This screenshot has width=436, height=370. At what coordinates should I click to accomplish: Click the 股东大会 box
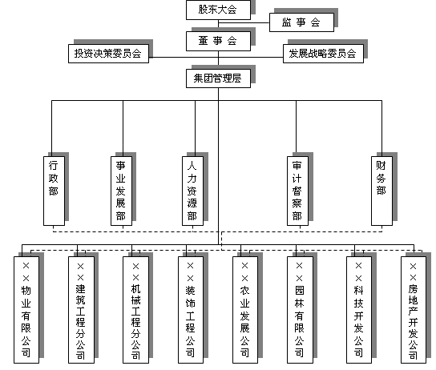[x=218, y=10]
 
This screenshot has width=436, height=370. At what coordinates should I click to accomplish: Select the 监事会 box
[x=301, y=22]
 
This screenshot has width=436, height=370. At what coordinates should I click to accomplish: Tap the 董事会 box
[x=218, y=41]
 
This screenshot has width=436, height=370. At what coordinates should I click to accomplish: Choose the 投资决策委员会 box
[x=108, y=54]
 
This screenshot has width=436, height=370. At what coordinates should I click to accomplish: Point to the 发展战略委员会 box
[x=323, y=54]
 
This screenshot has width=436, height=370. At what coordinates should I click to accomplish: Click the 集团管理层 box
[x=218, y=78]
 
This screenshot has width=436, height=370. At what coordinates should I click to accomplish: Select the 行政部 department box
[x=54, y=191]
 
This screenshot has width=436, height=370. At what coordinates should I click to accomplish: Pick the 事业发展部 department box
[x=121, y=191]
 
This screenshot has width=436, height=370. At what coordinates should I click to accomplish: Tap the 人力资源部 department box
[x=192, y=191]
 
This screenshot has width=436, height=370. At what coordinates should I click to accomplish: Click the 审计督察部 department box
[x=297, y=191]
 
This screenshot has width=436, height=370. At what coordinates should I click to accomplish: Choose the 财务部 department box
[x=381, y=191]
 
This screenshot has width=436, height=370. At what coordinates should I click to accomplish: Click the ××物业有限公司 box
[x=26, y=310]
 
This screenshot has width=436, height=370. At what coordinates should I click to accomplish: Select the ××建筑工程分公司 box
[x=81, y=310]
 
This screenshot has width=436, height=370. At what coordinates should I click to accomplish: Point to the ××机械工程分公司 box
[x=136, y=310]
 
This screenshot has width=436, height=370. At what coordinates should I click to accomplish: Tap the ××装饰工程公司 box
[x=191, y=310]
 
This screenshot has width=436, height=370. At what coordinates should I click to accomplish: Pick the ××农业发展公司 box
[x=245, y=310]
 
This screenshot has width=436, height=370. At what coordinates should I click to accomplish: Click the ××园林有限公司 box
[x=300, y=310]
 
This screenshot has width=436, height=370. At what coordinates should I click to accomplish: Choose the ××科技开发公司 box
[x=359, y=310]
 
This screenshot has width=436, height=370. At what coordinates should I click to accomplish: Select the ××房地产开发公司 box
[x=414, y=310]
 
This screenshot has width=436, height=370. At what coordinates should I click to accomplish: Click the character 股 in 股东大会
[x=203, y=10]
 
